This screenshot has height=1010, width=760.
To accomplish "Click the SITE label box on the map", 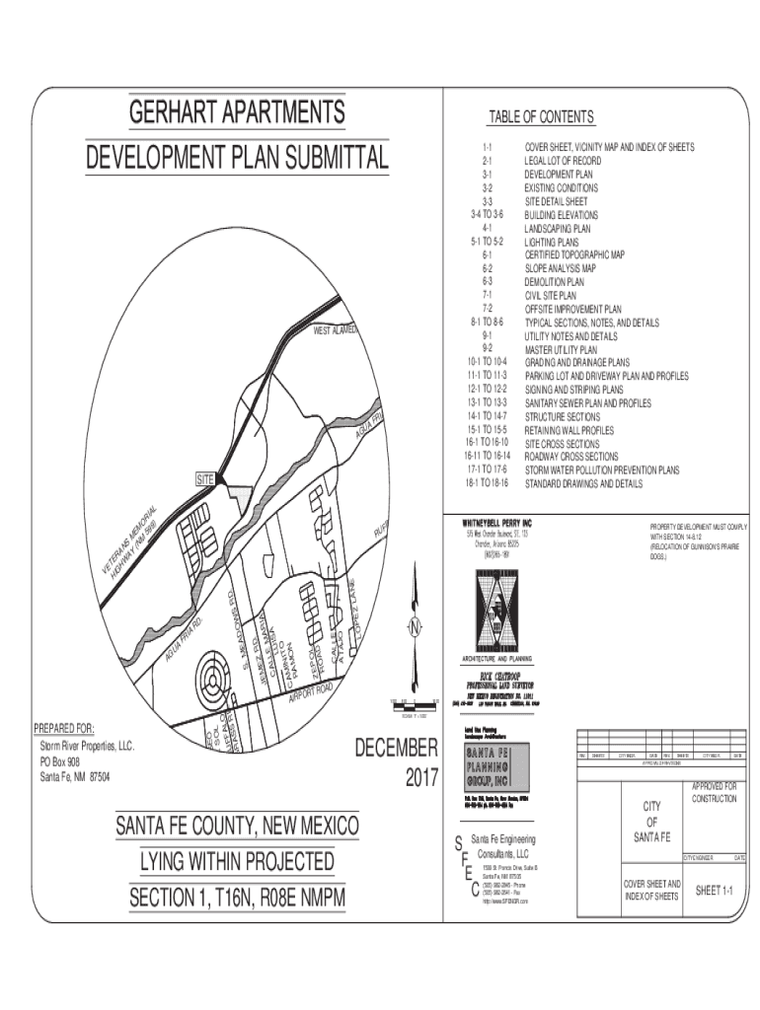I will coord(205,479).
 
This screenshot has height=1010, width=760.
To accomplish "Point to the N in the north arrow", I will coord(416,629).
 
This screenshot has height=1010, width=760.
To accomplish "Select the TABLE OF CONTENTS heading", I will coord(541,117).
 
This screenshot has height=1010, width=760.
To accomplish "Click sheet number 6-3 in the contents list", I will coord(487,281).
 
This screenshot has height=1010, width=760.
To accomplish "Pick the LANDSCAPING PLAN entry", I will coord(557,228).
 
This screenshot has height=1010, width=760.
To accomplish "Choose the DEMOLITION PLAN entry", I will coord(554,281).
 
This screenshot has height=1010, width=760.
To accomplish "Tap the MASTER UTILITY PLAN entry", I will coord(560,349).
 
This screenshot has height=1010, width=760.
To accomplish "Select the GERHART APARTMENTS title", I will coord(237,111).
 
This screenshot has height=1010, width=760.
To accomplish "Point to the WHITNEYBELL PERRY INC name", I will coord(497,521).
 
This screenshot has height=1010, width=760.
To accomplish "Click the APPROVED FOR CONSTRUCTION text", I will coord(714,792).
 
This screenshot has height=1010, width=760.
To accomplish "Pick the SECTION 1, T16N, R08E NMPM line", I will coord(237,899).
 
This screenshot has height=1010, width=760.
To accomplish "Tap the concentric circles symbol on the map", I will coord(210,679).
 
